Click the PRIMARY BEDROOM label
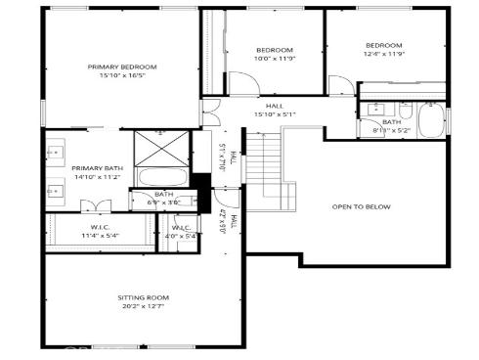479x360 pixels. pos(122,67)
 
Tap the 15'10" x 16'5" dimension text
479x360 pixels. pos(122,75)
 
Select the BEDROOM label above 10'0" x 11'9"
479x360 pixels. pos(275,50)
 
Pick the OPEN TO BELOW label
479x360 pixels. pos(362,206)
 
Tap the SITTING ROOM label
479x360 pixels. pos(144,296)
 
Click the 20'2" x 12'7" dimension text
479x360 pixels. pos(144,306)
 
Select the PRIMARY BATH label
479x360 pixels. pos(98,168)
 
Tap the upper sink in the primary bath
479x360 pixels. pos(56,152)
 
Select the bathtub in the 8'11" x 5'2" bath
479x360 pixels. pos(430,121)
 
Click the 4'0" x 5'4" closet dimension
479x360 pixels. pos(182,236)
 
